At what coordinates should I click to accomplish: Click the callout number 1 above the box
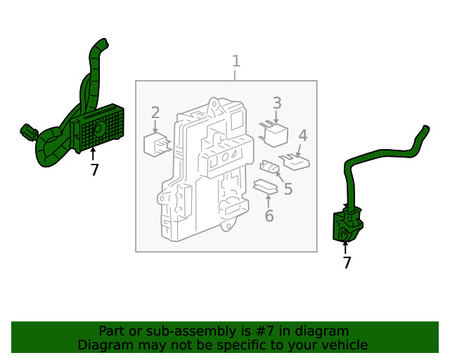pyautogui.click(x=236, y=61)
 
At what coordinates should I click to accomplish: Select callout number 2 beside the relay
pyautogui.click(x=155, y=112)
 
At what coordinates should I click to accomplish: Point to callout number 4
pyautogui.click(x=302, y=136)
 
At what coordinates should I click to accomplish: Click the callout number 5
pyautogui.click(x=288, y=189)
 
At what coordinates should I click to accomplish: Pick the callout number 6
pyautogui.click(x=269, y=216)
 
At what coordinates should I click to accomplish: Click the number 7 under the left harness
pyautogui.click(x=95, y=169)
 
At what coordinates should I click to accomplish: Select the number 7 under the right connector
pyautogui.click(x=347, y=262)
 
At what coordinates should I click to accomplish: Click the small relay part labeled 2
pyautogui.click(x=157, y=143)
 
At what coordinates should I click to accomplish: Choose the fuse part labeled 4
pyautogui.click(x=296, y=162)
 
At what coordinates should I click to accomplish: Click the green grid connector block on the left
pyautogui.click(x=98, y=128)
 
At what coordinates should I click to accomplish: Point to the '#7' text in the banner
pyautogui.click(x=264, y=331)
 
